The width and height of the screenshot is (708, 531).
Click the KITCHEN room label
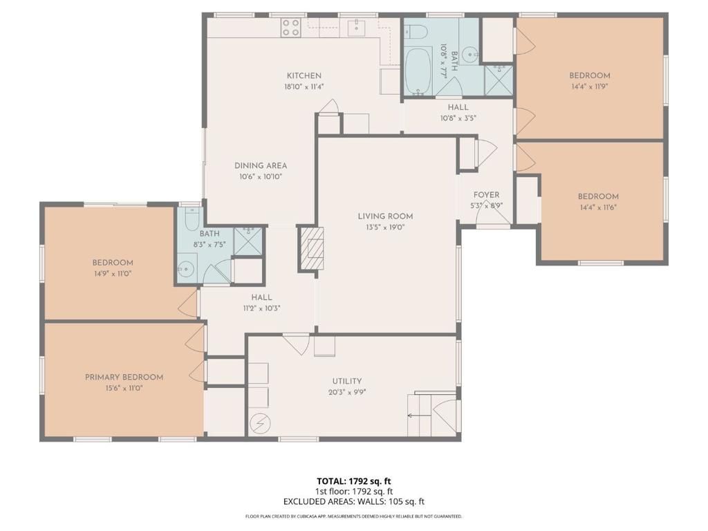click(304, 75)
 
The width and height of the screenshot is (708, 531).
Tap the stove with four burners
click(290, 27)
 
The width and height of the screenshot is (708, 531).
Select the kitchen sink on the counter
click(357, 28)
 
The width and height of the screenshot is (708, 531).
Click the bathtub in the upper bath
click(418, 71)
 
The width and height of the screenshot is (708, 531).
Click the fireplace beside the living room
click(310, 248)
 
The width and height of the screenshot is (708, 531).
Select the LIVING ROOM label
click(385, 216)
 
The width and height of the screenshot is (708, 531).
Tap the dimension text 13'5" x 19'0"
click(385, 227)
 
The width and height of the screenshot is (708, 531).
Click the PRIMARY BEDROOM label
click(124, 377)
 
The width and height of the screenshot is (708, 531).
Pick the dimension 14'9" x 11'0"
click(113, 274)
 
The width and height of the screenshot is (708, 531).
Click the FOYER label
click(486, 195)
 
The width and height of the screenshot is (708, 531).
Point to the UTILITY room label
click(346, 381)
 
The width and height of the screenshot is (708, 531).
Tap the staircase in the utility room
click(420, 415)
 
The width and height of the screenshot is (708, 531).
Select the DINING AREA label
click(261, 165)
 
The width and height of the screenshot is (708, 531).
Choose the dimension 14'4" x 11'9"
click(589, 87)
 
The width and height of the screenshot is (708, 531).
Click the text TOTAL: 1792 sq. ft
click(353, 481)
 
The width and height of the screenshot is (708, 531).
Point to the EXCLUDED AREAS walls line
click(353, 501)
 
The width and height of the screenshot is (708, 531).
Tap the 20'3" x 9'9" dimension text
click(346, 392)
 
